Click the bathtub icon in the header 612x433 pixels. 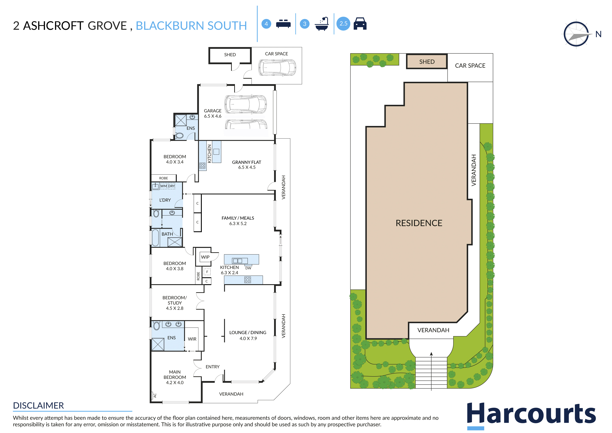(x=322, y=24)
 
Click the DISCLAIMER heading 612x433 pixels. (x=38, y=406)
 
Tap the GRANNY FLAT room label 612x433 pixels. (x=247, y=162)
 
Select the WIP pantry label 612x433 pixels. (x=205, y=257)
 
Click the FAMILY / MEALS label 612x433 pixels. (x=238, y=218)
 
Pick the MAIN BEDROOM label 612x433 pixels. (x=175, y=375)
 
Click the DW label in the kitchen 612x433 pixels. (x=248, y=268)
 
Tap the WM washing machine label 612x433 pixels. (x=163, y=186)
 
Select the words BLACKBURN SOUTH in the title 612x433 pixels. (x=191, y=26)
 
